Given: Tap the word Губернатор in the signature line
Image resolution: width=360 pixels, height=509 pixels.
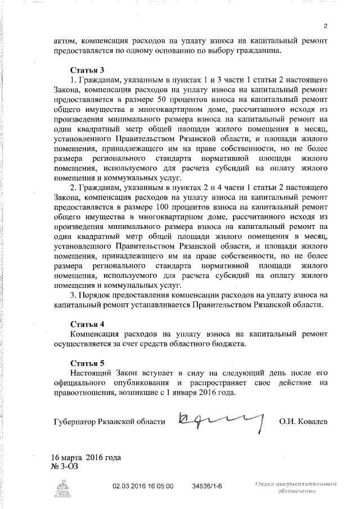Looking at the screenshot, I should coord(77,421).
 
